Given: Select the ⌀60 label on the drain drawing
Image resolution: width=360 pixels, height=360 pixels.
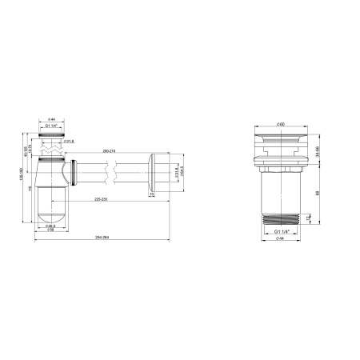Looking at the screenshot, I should (282, 126).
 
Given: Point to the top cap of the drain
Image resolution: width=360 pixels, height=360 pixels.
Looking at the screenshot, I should (282, 141).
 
